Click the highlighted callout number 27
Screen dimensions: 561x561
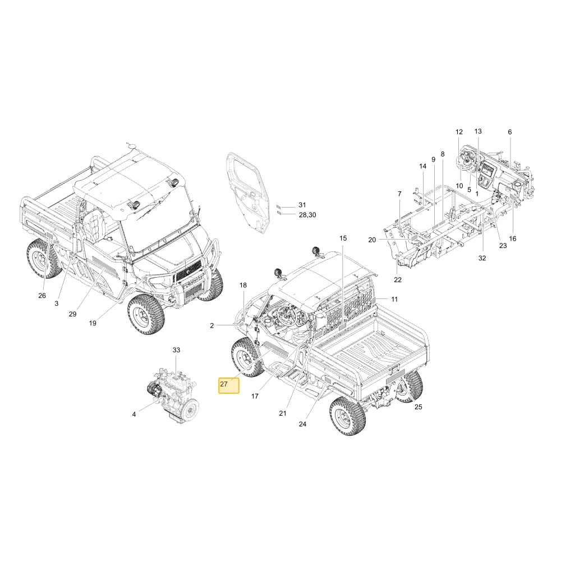pyautogui.click(x=224, y=384)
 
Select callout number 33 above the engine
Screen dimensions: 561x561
pyautogui.click(x=176, y=350)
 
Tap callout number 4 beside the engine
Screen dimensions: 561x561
pyautogui.click(x=134, y=415)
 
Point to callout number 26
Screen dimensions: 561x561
pyautogui.click(x=42, y=296)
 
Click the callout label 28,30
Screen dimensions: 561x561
pyautogui.click(x=307, y=215)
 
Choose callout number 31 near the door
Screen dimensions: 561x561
pyautogui.click(x=303, y=205)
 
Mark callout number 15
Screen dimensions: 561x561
pyautogui.click(x=343, y=238)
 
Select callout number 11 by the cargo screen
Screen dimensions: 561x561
pyautogui.click(x=394, y=299)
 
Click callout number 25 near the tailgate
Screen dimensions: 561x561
pyautogui.click(x=419, y=407)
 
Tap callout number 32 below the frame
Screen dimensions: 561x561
pyautogui.click(x=482, y=258)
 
